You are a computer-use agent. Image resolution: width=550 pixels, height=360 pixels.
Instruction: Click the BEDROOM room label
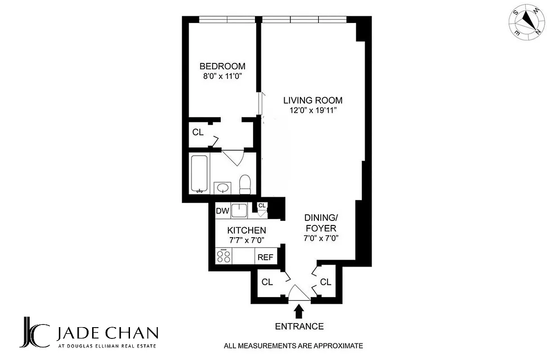(223, 66)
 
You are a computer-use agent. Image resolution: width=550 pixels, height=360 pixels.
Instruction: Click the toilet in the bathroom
(245, 184)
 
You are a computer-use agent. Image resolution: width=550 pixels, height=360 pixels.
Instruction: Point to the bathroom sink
(222, 187)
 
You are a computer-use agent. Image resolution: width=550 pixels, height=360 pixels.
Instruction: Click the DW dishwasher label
(223, 211)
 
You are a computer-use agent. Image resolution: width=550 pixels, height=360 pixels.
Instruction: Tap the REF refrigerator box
(265, 257)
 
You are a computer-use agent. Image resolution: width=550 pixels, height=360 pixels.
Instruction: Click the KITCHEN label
(246, 230)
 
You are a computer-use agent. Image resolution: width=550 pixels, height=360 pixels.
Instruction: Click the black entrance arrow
(299, 311)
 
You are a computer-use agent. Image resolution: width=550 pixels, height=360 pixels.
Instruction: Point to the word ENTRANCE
(299, 326)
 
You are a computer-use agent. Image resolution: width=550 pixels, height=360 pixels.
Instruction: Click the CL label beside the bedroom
(198, 132)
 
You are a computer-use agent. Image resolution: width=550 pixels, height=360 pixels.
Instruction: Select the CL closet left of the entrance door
(267, 282)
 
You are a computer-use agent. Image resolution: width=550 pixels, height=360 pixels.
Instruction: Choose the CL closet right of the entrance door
(326, 282)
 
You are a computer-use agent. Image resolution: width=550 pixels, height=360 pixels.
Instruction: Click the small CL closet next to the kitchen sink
(262, 206)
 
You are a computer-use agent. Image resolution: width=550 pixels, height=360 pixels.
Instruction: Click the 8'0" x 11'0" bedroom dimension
(223, 76)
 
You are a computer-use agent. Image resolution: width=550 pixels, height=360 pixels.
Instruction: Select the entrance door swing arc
(299, 293)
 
